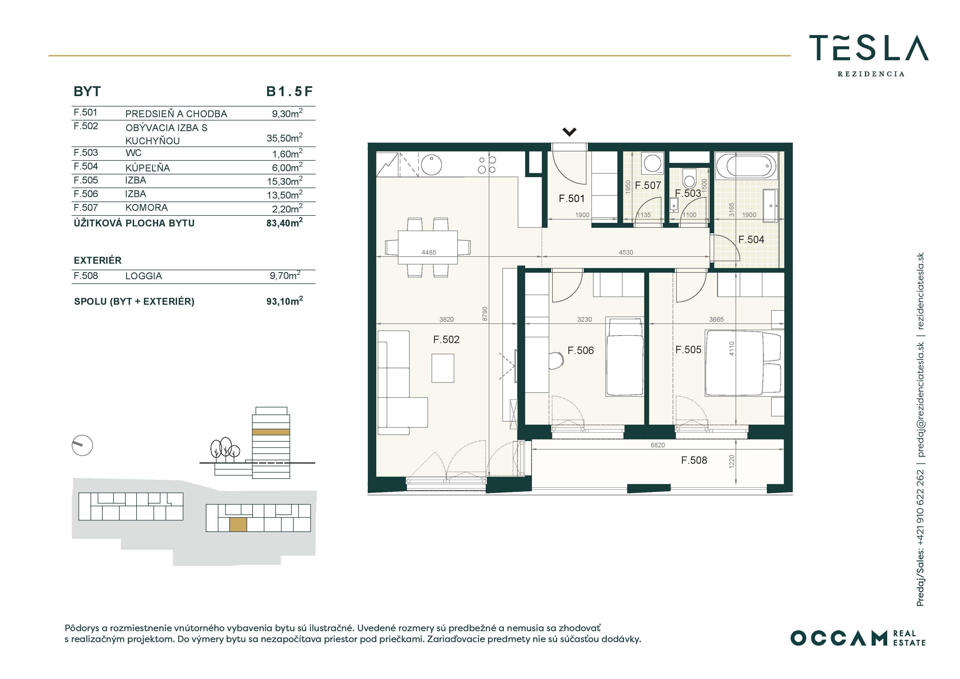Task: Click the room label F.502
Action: [x=446, y=340]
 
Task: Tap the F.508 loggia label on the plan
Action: [x=694, y=460]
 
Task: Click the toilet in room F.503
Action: [x=689, y=179]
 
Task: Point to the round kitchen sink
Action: [x=432, y=165]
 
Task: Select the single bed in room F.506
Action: [x=625, y=357]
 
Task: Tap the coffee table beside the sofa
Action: [x=443, y=368]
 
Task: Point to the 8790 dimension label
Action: [x=485, y=314]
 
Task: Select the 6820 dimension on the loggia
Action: [x=657, y=445]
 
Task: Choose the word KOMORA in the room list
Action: [x=146, y=208]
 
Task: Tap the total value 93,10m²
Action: [x=285, y=301]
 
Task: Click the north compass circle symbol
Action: [x=82, y=445]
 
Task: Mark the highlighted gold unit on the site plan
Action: [x=238, y=525]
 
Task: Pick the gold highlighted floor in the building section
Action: [x=271, y=432]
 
